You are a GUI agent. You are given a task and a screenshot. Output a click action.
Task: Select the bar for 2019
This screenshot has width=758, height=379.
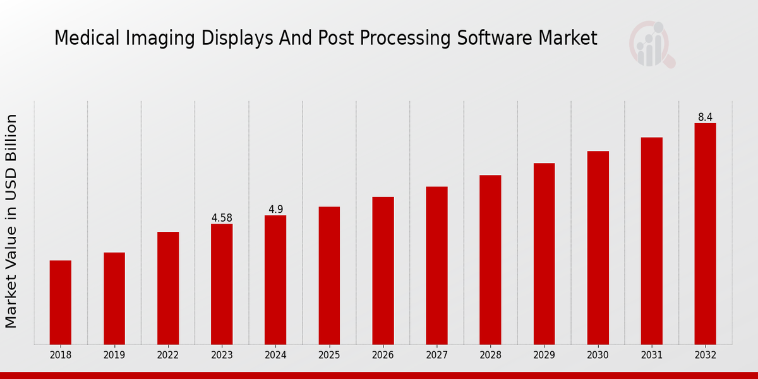pos(114,298)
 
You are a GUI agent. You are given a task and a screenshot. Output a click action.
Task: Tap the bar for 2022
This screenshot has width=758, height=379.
pos(168,288)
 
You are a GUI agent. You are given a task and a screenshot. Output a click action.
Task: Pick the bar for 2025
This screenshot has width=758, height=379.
pos(329,275)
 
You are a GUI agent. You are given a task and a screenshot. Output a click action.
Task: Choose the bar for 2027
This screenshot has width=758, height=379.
pos(436,265)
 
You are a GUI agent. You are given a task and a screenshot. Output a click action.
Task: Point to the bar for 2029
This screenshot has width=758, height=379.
pos(544,253)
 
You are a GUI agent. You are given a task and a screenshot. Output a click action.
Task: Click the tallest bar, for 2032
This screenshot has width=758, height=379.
pos(705,234)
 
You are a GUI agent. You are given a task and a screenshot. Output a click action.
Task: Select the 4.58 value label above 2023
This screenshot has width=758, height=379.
pos(222,218)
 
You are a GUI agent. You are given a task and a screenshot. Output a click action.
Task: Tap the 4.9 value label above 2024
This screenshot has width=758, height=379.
pos(275,210)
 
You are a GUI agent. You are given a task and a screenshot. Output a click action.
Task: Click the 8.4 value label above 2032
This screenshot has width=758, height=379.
pos(705,117)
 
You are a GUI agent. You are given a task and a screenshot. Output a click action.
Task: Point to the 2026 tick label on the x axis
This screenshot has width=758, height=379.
pos(383,356)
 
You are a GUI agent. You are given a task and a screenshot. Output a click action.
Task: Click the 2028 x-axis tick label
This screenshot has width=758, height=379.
pos(490,356)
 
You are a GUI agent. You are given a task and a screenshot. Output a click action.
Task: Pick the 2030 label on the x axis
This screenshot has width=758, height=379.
pos(598,356)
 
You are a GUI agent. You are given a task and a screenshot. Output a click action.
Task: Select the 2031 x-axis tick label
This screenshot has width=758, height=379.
pos(651,356)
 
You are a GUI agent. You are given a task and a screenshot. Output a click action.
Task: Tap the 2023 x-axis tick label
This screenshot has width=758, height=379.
pos(222,356)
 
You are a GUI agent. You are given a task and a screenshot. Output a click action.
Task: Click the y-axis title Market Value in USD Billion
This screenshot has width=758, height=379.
pos(11,221)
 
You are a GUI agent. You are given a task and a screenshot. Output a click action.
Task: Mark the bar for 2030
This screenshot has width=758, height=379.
pos(598,248)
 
